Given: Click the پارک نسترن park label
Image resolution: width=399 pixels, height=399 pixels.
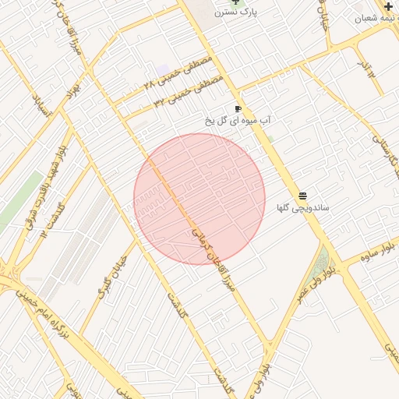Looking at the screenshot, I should click(x=260, y=12).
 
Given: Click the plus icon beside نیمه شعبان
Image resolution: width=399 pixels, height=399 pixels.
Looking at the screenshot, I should click(x=388, y=6).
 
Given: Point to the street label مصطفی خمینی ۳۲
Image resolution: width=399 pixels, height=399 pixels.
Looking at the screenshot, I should click(x=189, y=90).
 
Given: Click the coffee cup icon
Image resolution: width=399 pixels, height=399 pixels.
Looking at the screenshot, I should click(x=238, y=109).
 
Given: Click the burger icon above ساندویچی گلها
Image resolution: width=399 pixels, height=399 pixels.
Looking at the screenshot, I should click(x=302, y=195).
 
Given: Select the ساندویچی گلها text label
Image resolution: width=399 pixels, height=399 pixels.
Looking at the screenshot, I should click(x=302, y=208).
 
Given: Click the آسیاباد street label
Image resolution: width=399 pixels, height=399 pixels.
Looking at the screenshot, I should click(x=40, y=105).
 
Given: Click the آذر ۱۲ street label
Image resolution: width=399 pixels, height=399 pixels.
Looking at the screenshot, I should click(x=366, y=67).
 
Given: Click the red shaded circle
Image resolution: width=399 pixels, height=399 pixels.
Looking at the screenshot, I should click(x=199, y=199).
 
